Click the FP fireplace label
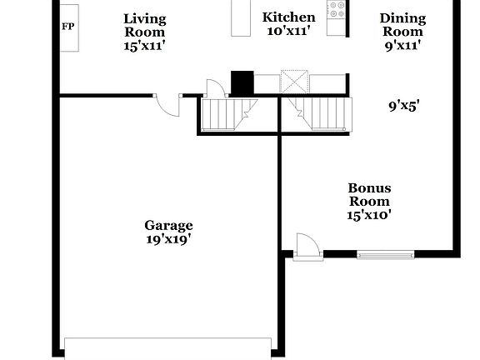[67, 27]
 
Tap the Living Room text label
[144, 25]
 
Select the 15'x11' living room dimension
[144, 46]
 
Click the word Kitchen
[288, 17]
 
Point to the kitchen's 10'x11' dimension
[288, 31]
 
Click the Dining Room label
[402, 25]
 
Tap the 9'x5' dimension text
[403, 106]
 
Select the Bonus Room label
[369, 194]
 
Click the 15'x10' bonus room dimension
[369, 215]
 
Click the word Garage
[168, 225]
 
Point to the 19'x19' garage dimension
[168, 239]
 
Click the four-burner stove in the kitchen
[337, 10]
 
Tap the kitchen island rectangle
[241, 18]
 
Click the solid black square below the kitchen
[242, 83]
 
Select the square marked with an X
[295, 82]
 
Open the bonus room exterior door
[307, 247]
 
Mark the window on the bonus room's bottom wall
[385, 254]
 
